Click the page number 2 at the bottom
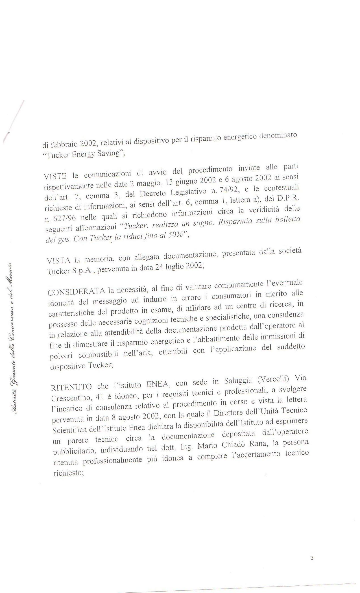(x=312, y=558)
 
